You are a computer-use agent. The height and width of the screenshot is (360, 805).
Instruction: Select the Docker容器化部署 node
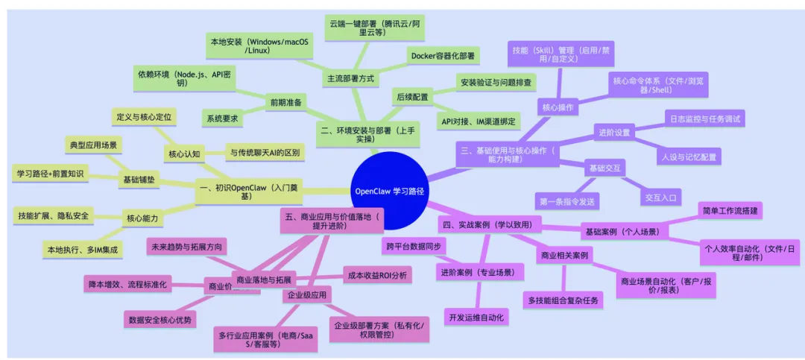click(x=443, y=55)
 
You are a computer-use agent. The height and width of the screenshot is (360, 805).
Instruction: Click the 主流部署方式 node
click(x=350, y=78)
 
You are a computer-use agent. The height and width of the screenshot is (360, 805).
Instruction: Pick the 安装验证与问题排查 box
click(x=496, y=81)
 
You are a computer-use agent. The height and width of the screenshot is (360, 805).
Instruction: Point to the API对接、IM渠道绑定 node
click(x=481, y=121)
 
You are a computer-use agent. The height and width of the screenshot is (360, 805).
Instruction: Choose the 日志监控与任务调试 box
click(x=704, y=118)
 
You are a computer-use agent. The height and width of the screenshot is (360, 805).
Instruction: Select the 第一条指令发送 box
click(x=568, y=200)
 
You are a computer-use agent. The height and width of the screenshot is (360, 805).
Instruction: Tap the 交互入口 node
click(x=661, y=198)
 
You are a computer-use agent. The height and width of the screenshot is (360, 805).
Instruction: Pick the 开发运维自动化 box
click(x=477, y=318)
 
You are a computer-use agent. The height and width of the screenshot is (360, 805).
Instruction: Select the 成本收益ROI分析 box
click(x=376, y=275)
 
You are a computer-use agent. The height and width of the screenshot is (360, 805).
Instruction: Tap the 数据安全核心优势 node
click(x=161, y=320)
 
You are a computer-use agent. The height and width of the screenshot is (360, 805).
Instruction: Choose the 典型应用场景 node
click(x=93, y=144)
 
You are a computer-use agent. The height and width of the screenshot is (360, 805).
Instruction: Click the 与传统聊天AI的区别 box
click(x=265, y=153)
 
